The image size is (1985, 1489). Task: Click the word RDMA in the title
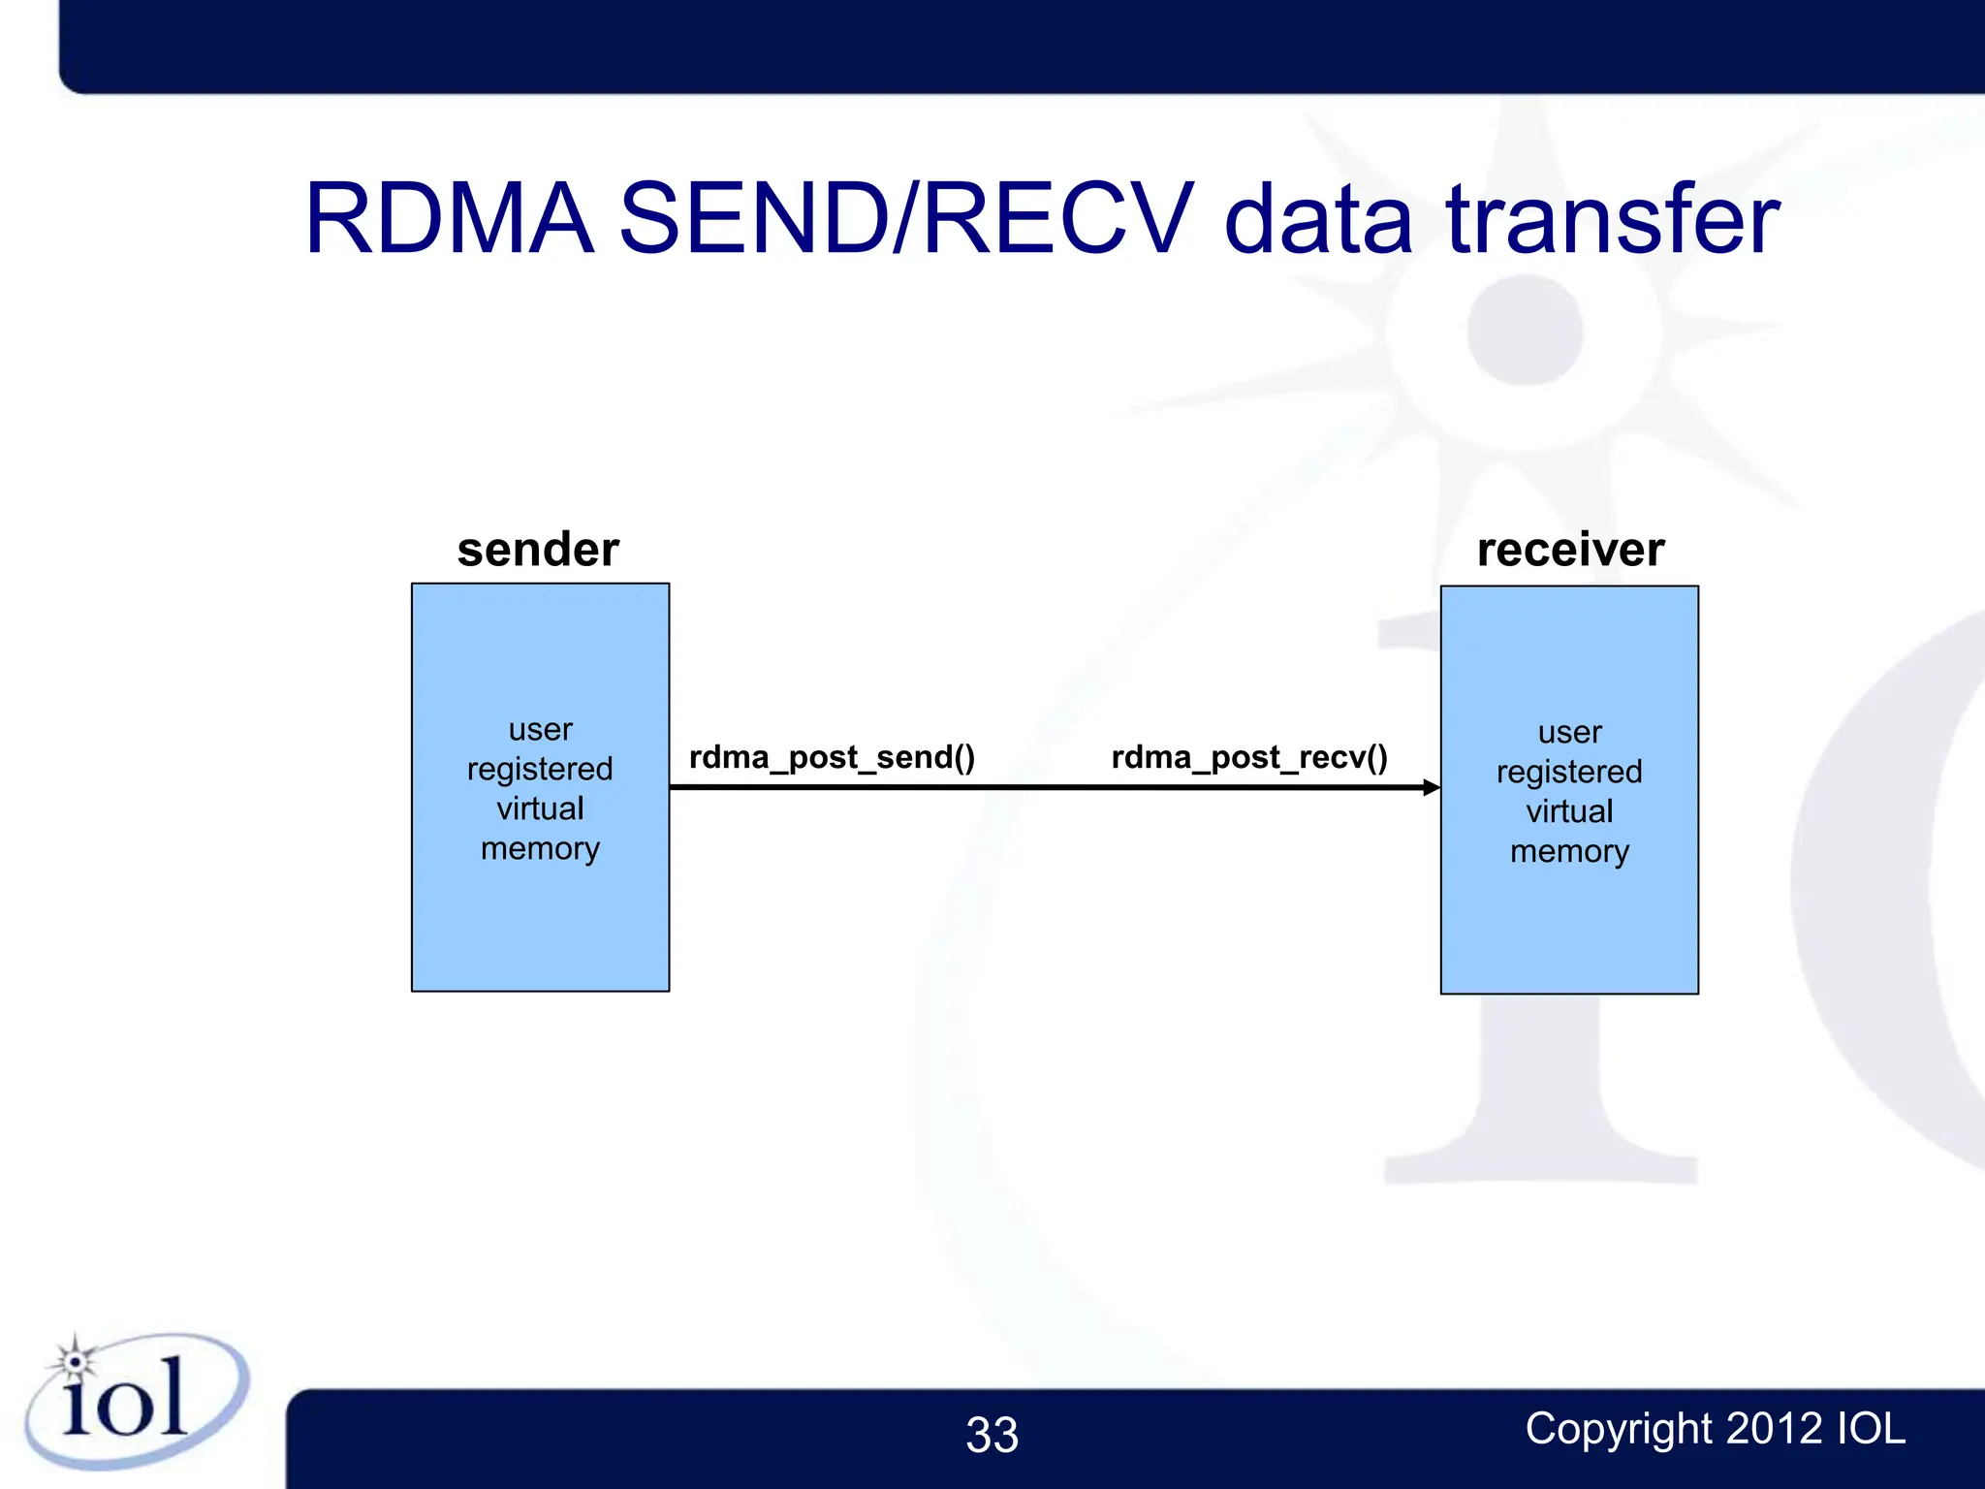click(x=449, y=220)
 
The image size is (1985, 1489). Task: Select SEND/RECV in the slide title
click(x=905, y=220)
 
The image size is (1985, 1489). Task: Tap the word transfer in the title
click(x=1612, y=220)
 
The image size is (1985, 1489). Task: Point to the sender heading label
click(x=538, y=550)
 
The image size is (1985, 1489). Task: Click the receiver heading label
click(x=1570, y=550)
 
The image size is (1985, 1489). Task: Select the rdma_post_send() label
click(x=832, y=757)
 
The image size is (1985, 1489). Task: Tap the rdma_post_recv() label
click(x=1249, y=757)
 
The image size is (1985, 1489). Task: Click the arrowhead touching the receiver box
click(x=1431, y=787)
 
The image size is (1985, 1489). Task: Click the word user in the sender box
click(x=541, y=729)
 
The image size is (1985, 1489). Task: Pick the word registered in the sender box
click(x=540, y=770)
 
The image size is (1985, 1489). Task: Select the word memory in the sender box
click(x=540, y=849)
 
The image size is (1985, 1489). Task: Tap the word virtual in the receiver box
click(x=1569, y=811)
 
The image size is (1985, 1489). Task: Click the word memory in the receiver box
click(x=1569, y=852)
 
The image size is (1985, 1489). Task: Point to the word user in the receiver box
click(x=1569, y=732)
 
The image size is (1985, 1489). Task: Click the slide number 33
click(x=992, y=1435)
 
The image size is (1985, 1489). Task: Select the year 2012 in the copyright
click(x=1774, y=1429)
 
